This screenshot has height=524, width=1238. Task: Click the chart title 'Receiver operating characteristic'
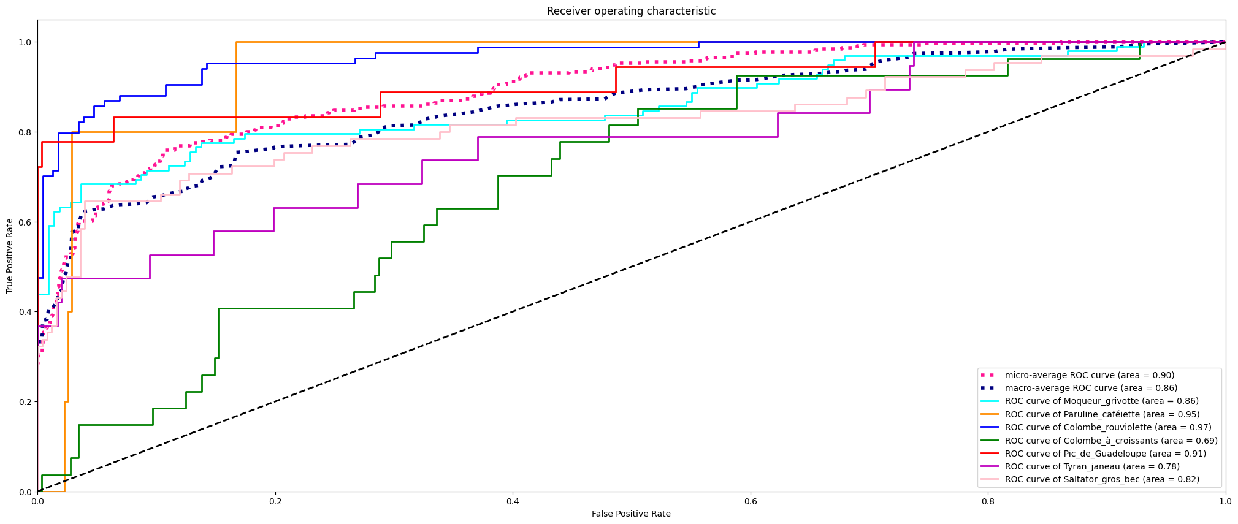pyautogui.click(x=631, y=11)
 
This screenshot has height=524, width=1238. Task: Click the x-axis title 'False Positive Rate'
pyautogui.click(x=631, y=514)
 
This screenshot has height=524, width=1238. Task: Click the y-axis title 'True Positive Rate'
pyautogui.click(x=10, y=256)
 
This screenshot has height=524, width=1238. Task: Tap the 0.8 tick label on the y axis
pyautogui.click(x=25, y=132)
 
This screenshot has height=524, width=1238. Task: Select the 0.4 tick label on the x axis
pyautogui.click(x=513, y=501)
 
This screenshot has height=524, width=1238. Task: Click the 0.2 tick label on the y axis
pyautogui.click(x=25, y=402)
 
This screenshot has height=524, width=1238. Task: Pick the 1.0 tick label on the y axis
pyautogui.click(x=25, y=42)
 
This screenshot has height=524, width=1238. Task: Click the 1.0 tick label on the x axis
pyautogui.click(x=1225, y=501)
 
